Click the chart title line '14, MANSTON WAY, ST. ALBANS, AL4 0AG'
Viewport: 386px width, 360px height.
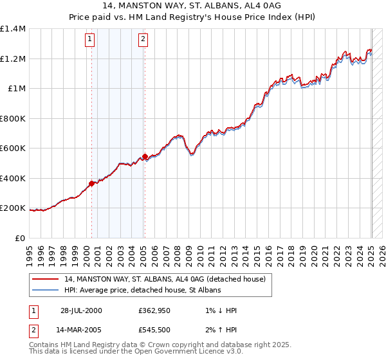coord(192,6)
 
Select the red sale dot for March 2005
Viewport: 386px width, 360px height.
coord(145,156)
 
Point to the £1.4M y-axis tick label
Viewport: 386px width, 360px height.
coord(13,29)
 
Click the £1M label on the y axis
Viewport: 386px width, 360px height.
coord(17,89)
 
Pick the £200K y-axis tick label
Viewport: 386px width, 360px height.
coord(13,208)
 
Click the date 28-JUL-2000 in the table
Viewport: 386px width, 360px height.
coord(81,310)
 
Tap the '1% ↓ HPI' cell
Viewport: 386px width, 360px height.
coord(219,310)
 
